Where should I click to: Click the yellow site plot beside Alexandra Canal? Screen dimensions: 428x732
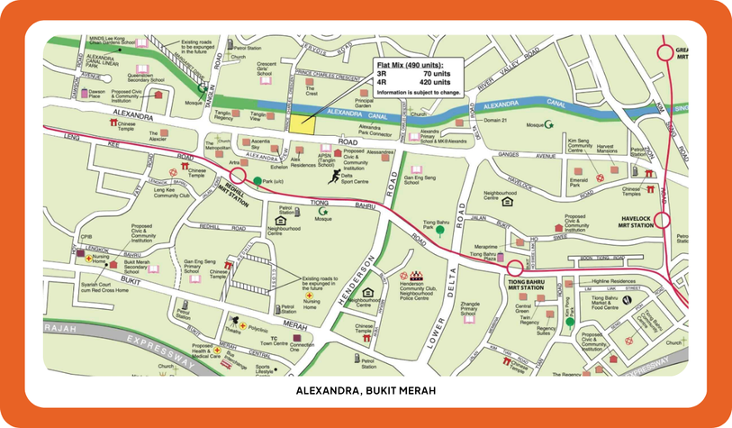point(303,124)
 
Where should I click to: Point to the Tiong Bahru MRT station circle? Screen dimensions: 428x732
point(514,268)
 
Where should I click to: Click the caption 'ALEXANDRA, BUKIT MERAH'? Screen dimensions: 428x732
point(366,391)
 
